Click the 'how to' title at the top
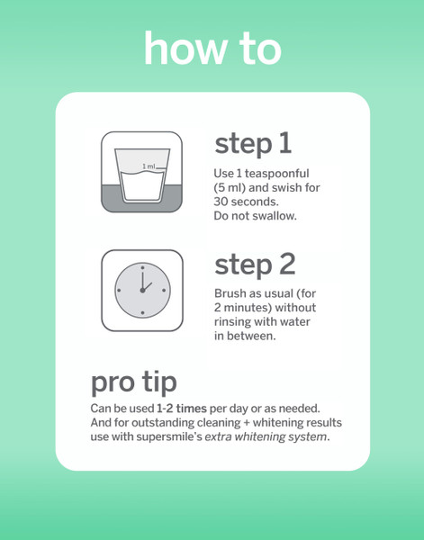click(212, 48)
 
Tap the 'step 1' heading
click(253, 144)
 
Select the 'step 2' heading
click(255, 265)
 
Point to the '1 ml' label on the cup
click(149, 166)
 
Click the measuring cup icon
click(141, 172)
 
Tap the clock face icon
click(142, 291)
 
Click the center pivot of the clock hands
click(142, 291)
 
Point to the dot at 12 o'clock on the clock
click(142, 267)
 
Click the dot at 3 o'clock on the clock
click(164, 291)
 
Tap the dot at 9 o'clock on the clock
click(119, 291)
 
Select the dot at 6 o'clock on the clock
click(142, 313)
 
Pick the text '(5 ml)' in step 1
click(230, 188)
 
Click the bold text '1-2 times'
click(182, 409)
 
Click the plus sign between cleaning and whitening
click(247, 423)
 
